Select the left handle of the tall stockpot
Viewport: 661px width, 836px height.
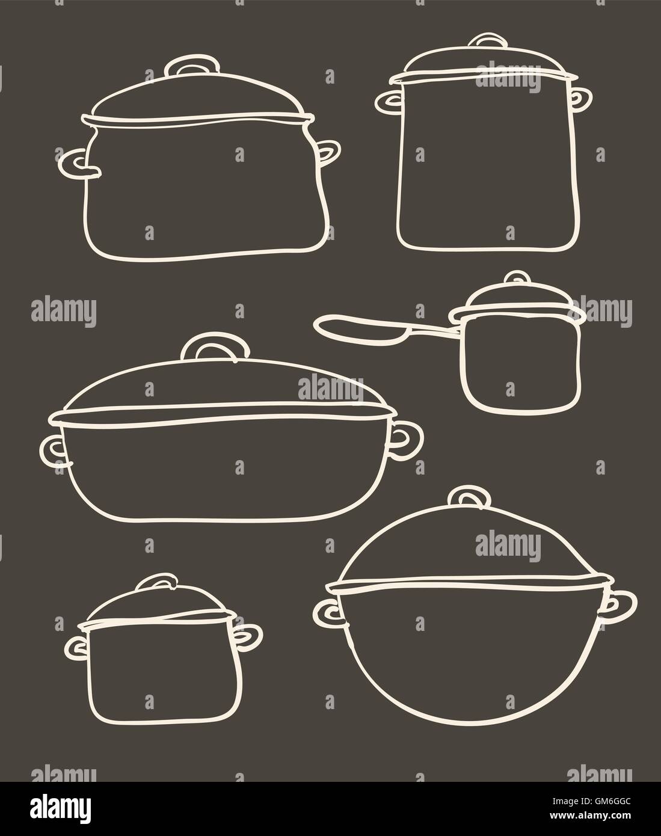point(386,103)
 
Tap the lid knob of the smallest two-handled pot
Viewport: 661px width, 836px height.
point(156,583)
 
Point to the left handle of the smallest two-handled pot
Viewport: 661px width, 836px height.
point(76,648)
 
